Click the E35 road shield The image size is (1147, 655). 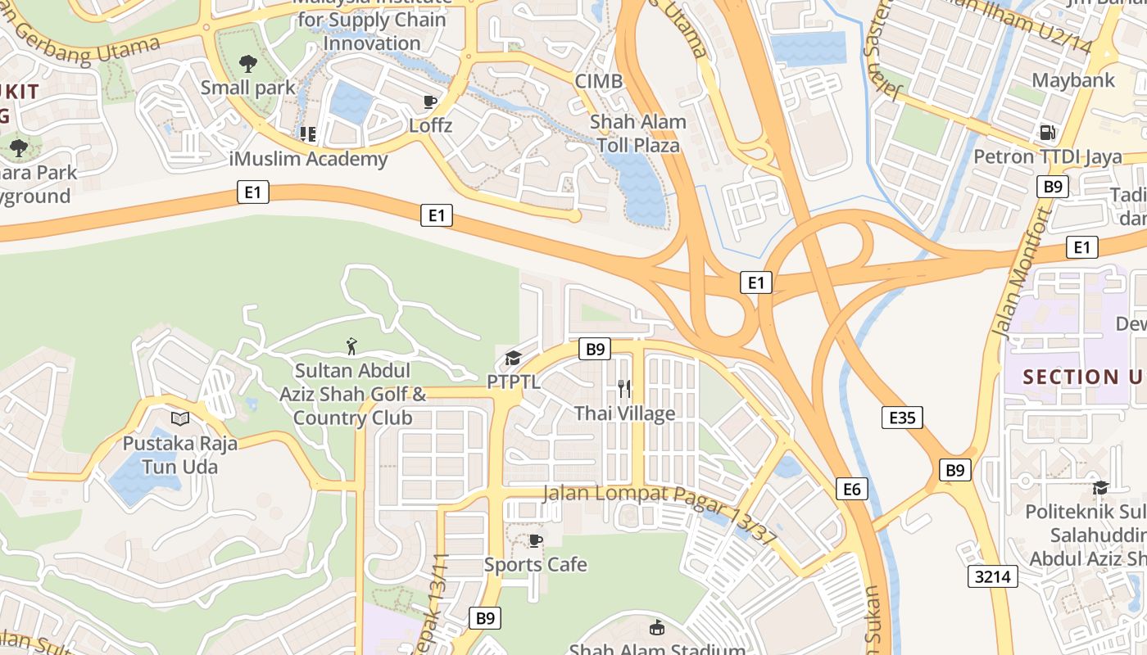point(902,418)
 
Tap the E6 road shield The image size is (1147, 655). point(852,489)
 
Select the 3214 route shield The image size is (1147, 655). point(992,576)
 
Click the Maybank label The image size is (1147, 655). point(1073,80)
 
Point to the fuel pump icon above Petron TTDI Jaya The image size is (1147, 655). point(1046,132)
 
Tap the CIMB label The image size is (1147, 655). point(598,81)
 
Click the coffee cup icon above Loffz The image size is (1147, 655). point(430,102)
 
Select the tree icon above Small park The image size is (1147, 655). point(247,63)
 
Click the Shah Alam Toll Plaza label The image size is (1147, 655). point(638,134)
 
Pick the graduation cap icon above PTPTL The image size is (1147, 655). point(513,358)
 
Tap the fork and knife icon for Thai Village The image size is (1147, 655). point(624,388)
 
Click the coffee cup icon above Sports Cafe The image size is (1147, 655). point(535,540)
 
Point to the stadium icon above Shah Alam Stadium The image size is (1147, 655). point(656,628)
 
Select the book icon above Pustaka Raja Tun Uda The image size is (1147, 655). point(179,418)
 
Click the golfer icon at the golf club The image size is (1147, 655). point(352,346)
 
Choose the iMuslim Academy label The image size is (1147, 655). point(311,159)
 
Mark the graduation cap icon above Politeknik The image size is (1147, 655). point(1100,488)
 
